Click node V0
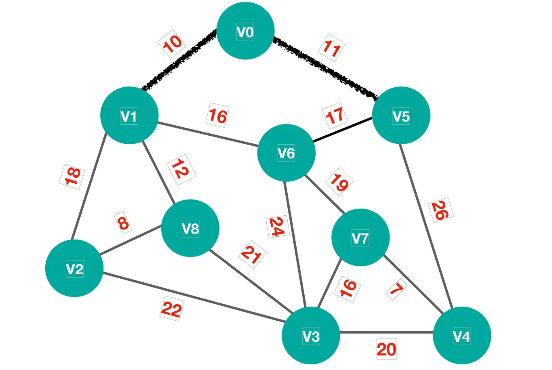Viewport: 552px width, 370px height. pyautogui.click(x=245, y=31)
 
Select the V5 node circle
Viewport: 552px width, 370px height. pyautogui.click(x=401, y=116)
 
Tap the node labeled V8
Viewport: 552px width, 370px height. pyautogui.click(x=190, y=228)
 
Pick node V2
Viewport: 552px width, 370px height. pyautogui.click(x=74, y=268)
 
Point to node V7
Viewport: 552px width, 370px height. pyautogui.click(x=360, y=238)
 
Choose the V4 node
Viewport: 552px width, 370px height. pyautogui.click(x=461, y=336)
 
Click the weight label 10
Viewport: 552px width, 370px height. pyautogui.click(x=172, y=44)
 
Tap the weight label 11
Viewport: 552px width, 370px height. pyautogui.click(x=332, y=48)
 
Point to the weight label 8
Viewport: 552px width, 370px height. pyautogui.click(x=123, y=223)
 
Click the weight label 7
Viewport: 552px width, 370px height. pyautogui.click(x=396, y=289)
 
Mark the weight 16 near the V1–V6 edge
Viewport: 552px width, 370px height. pyautogui.click(x=218, y=116)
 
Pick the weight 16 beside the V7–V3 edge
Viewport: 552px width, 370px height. pyautogui.click(x=348, y=289)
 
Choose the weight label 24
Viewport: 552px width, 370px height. pyautogui.click(x=277, y=227)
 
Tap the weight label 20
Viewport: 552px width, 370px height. pyautogui.click(x=386, y=349)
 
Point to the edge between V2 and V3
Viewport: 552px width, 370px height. pyautogui.click(x=194, y=297)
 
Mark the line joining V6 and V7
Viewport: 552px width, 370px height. pyautogui.click(x=325, y=194)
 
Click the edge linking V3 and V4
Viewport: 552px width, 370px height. pyautogui.click(x=386, y=333)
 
